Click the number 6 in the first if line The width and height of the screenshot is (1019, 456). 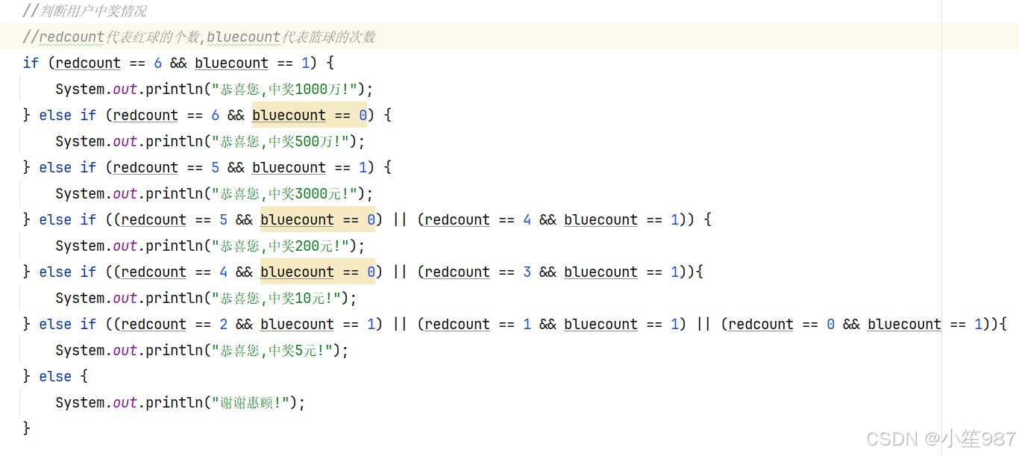157,63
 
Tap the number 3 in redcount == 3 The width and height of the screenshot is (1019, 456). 527,272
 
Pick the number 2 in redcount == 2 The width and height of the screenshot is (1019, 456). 223,325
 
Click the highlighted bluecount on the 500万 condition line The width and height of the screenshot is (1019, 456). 289,116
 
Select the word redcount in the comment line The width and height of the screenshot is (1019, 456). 72,37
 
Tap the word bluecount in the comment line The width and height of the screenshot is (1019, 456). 244,37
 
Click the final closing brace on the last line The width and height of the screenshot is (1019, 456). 27,428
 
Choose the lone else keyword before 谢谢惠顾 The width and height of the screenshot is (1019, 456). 55,377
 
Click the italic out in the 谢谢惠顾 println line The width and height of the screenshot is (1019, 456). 125,403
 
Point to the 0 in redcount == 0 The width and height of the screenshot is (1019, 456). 830,325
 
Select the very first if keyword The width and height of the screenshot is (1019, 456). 31,63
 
